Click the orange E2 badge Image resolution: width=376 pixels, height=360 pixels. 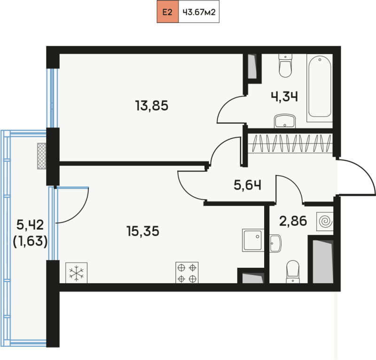click(x=168, y=12)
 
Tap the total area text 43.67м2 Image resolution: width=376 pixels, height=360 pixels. click(x=199, y=12)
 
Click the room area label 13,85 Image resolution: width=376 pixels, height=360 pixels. click(x=152, y=106)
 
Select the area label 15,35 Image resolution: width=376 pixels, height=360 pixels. click(x=143, y=231)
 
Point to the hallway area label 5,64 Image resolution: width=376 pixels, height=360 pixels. click(x=248, y=185)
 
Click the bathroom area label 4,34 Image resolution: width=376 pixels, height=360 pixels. click(x=284, y=97)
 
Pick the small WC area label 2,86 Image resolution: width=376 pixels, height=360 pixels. click(x=293, y=221)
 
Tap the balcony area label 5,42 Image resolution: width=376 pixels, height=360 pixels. click(x=30, y=225)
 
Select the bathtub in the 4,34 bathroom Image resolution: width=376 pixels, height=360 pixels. click(x=320, y=88)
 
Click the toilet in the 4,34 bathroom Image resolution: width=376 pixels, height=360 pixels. click(x=285, y=65)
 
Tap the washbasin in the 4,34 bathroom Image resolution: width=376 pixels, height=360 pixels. click(x=285, y=121)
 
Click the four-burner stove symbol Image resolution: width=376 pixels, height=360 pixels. click(x=187, y=272)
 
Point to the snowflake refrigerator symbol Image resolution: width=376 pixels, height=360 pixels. click(x=76, y=273)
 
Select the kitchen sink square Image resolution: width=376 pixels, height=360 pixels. click(x=253, y=240)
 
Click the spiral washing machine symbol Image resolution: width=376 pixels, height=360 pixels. click(x=325, y=221)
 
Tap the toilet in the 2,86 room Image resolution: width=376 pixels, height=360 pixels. click(x=293, y=272)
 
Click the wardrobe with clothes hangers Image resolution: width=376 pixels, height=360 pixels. click(x=290, y=144)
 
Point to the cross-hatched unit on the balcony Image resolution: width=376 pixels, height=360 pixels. click(x=42, y=156)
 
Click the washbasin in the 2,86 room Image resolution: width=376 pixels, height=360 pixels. click(x=275, y=243)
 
